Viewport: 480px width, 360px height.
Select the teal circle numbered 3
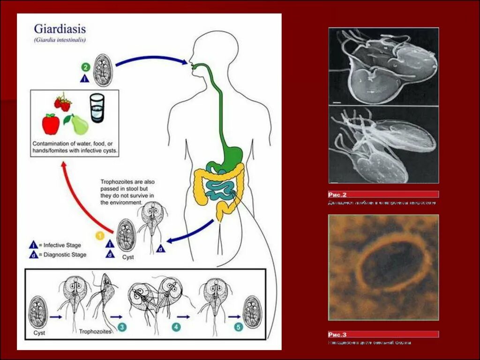(122, 327)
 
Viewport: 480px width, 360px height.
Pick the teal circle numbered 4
(176, 327)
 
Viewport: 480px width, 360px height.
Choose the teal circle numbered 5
(238, 327)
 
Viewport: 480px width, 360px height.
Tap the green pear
(79, 124)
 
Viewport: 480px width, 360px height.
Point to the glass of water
(97, 108)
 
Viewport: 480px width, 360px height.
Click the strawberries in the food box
(63, 103)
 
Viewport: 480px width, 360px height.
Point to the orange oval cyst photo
(383, 267)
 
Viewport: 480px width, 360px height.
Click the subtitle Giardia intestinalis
(60, 40)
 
